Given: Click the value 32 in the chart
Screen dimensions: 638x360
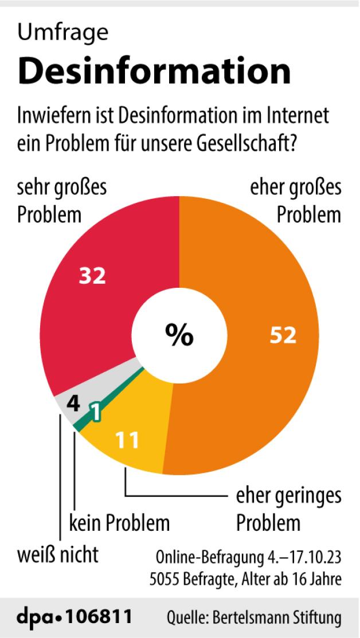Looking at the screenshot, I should pyautogui.click(x=92, y=276).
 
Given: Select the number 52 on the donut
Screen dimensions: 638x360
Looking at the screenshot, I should pyautogui.click(x=283, y=335).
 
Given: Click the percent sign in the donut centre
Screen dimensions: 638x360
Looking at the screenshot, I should pyautogui.click(x=179, y=335).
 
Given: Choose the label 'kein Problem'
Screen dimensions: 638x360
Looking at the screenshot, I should pyautogui.click(x=119, y=523).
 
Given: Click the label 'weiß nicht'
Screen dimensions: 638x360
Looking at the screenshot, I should pyautogui.click(x=58, y=554).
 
